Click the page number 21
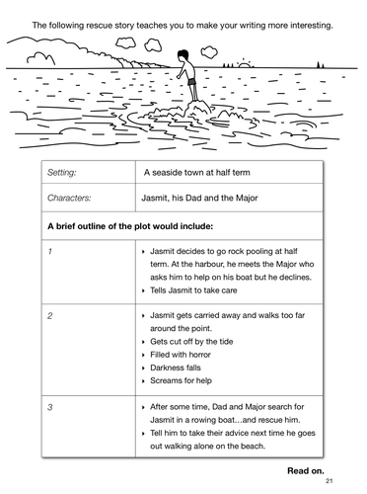[329, 484]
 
